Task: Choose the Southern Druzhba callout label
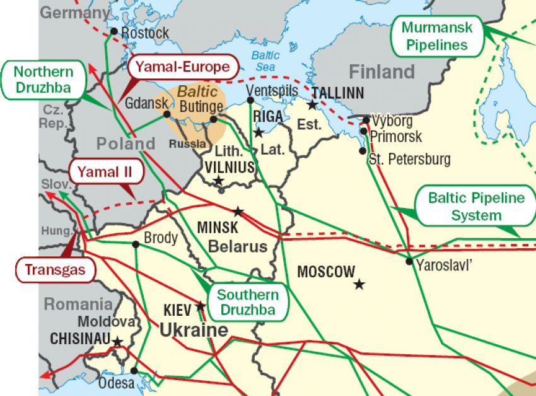[247, 303]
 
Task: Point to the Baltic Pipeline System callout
[476, 207]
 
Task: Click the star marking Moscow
[359, 284]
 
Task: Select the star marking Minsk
[238, 212]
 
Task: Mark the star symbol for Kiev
[201, 306]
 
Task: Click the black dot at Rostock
[114, 31]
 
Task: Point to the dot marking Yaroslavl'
[409, 261]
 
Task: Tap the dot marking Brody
[136, 244]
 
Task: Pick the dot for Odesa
[134, 371]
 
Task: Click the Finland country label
[382, 71]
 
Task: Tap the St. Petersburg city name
[410, 159]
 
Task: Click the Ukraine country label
[194, 330]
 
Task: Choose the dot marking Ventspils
[251, 100]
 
